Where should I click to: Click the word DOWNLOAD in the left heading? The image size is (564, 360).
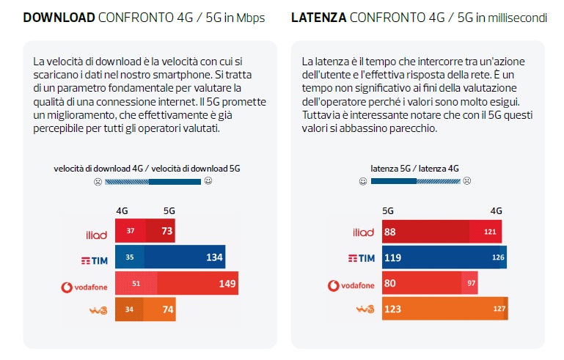coord(58,18)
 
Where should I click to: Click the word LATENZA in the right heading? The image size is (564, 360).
coord(321,18)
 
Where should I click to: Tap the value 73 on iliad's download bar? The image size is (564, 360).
coord(167,232)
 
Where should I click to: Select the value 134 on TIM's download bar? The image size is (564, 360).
coord(214,258)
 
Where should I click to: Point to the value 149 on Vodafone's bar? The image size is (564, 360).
coord(227,284)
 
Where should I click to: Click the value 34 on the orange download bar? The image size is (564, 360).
coord(129,309)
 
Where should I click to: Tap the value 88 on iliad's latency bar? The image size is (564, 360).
coord(390,232)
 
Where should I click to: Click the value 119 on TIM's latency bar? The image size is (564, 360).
coord(393,258)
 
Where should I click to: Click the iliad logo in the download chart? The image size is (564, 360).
coord(96,234)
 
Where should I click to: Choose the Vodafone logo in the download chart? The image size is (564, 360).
coord(84,286)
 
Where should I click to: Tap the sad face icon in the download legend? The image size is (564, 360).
coord(96,181)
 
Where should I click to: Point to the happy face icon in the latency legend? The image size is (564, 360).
coord(362,181)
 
